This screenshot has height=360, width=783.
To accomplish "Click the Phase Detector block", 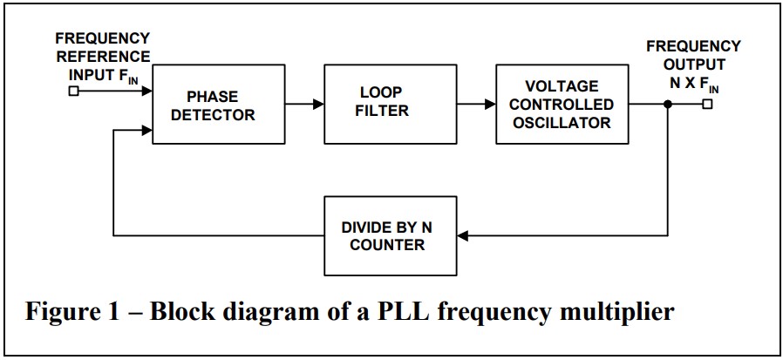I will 219,105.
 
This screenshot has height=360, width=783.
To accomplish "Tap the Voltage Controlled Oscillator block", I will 561,104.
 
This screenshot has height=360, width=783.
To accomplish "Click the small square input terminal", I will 73,88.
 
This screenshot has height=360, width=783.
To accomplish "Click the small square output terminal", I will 707,104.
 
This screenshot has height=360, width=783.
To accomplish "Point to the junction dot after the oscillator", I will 668,104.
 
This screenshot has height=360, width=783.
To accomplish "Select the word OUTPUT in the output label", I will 693,65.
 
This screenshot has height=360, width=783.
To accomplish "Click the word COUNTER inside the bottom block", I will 387,245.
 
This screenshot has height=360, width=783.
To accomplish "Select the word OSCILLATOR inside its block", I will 561,123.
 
